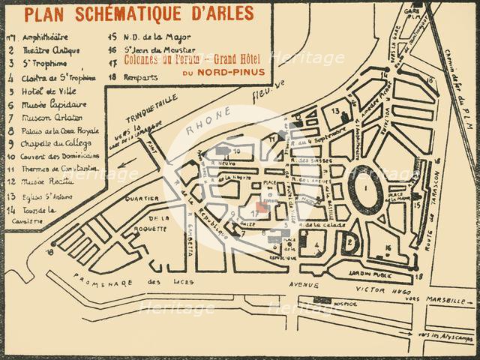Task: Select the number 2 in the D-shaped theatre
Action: click(x=351, y=241)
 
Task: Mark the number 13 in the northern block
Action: click(x=337, y=112)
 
